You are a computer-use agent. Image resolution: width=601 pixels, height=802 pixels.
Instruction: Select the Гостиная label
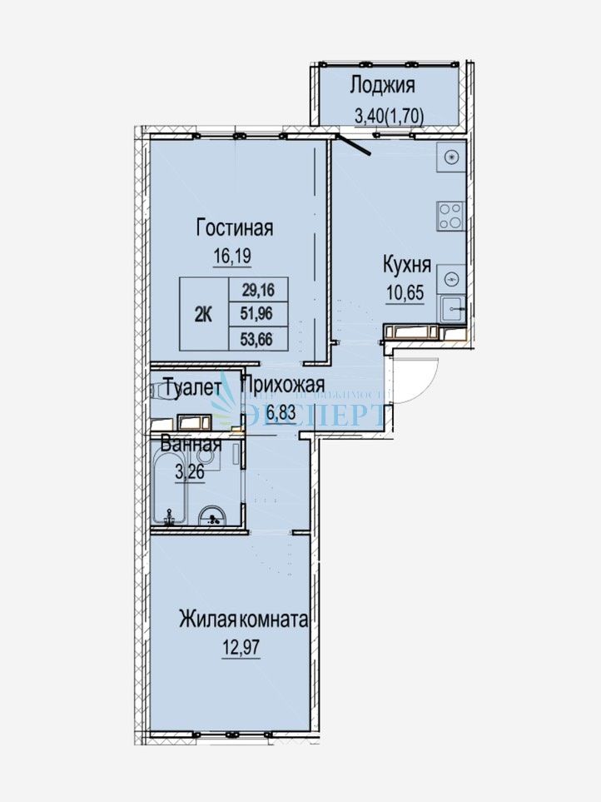[236, 227]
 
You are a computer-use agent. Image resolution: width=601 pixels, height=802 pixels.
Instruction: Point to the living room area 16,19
[235, 257]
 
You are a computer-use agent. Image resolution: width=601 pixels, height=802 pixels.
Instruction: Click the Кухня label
[406, 266]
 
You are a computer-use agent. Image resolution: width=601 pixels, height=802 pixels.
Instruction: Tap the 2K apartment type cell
[203, 314]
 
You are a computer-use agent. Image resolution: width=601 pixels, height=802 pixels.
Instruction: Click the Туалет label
[192, 386]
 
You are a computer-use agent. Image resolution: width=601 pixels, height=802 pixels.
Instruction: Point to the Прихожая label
[282, 385]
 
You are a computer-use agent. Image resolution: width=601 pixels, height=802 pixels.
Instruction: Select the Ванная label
[191, 444]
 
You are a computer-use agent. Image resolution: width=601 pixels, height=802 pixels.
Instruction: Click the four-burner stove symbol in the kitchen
[450, 216]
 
